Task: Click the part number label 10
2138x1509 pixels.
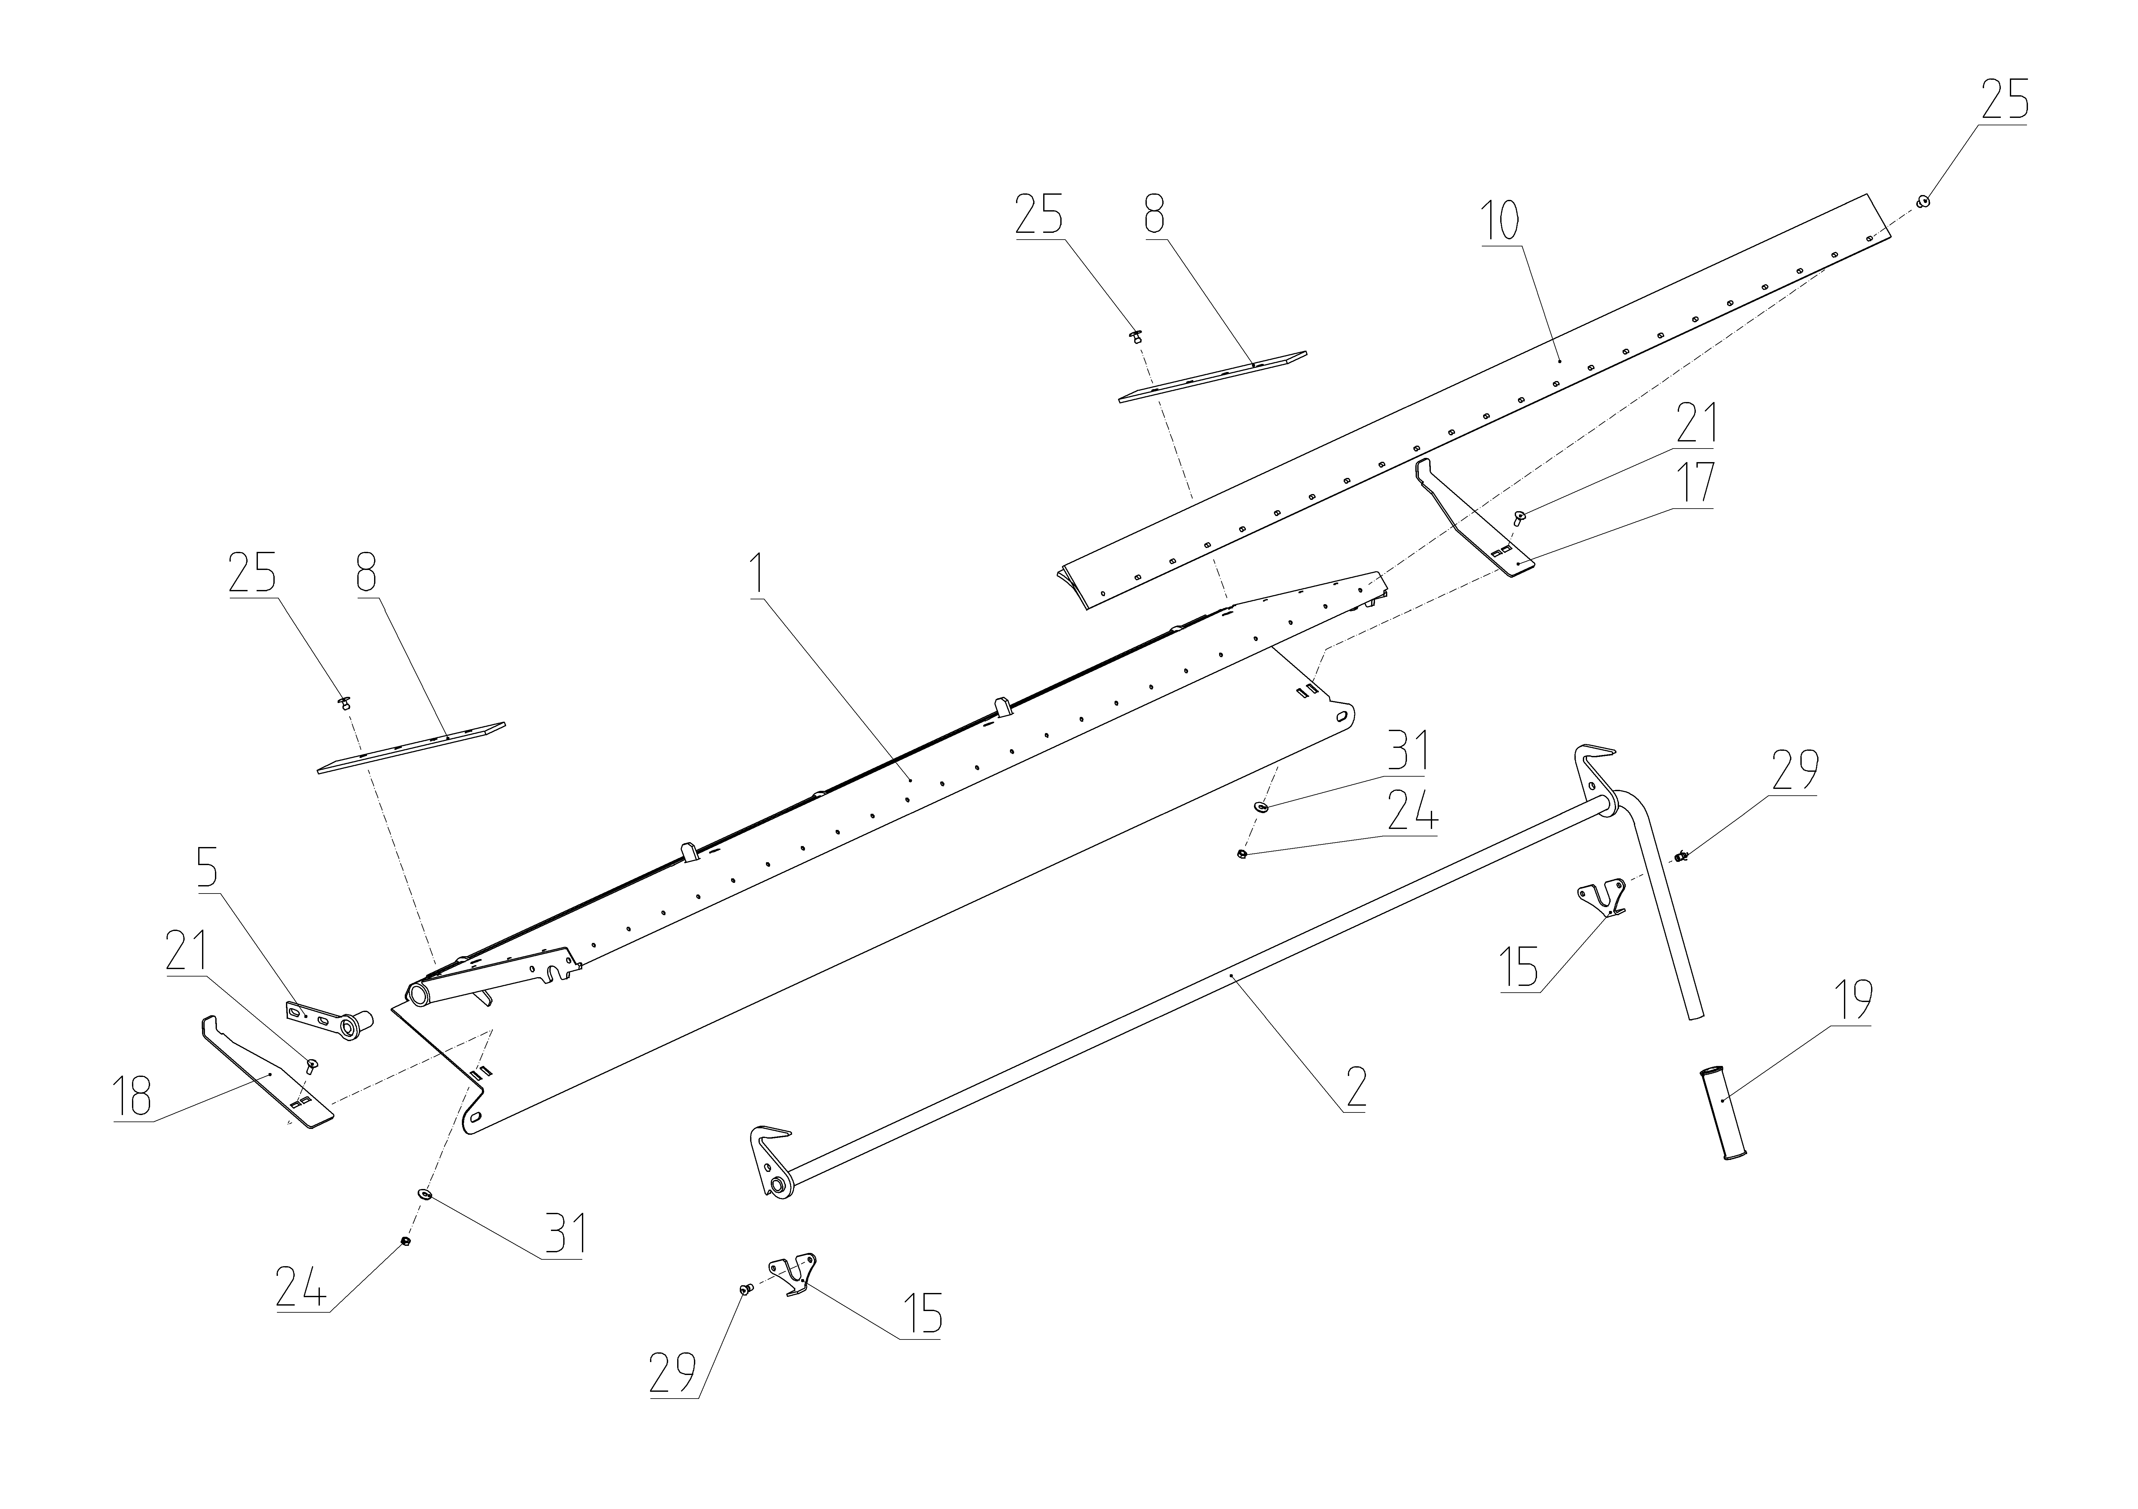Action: [x=1500, y=221]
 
